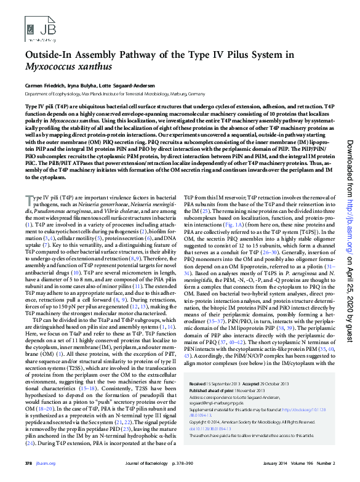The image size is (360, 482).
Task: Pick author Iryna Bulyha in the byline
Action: [87, 84]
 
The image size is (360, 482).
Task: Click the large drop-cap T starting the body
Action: [28, 182]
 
